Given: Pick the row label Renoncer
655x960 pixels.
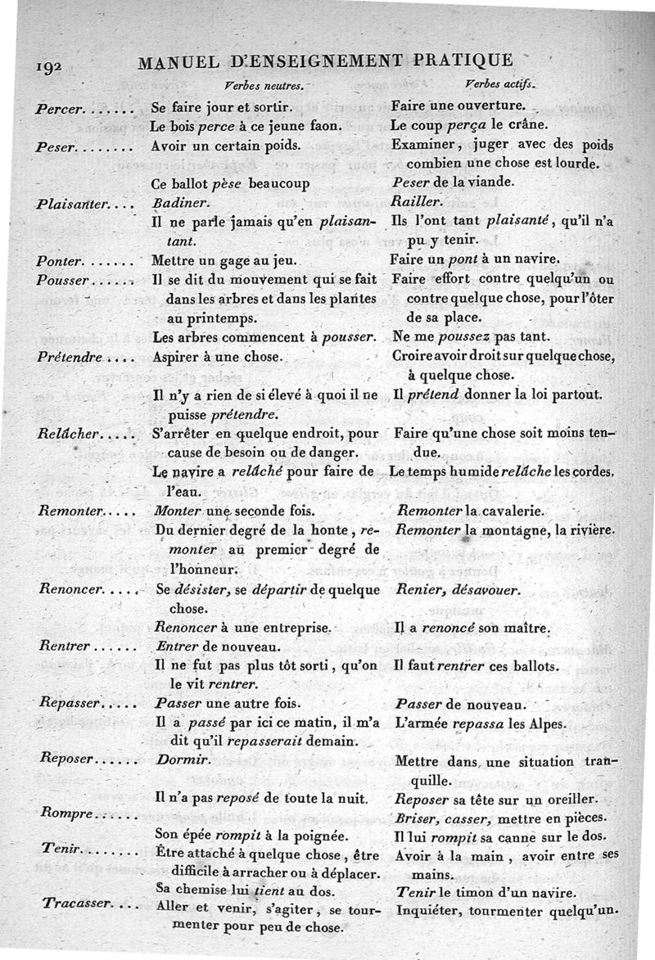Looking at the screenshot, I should pyautogui.click(x=70, y=589).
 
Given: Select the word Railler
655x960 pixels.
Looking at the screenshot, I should pyautogui.click(x=418, y=201).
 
